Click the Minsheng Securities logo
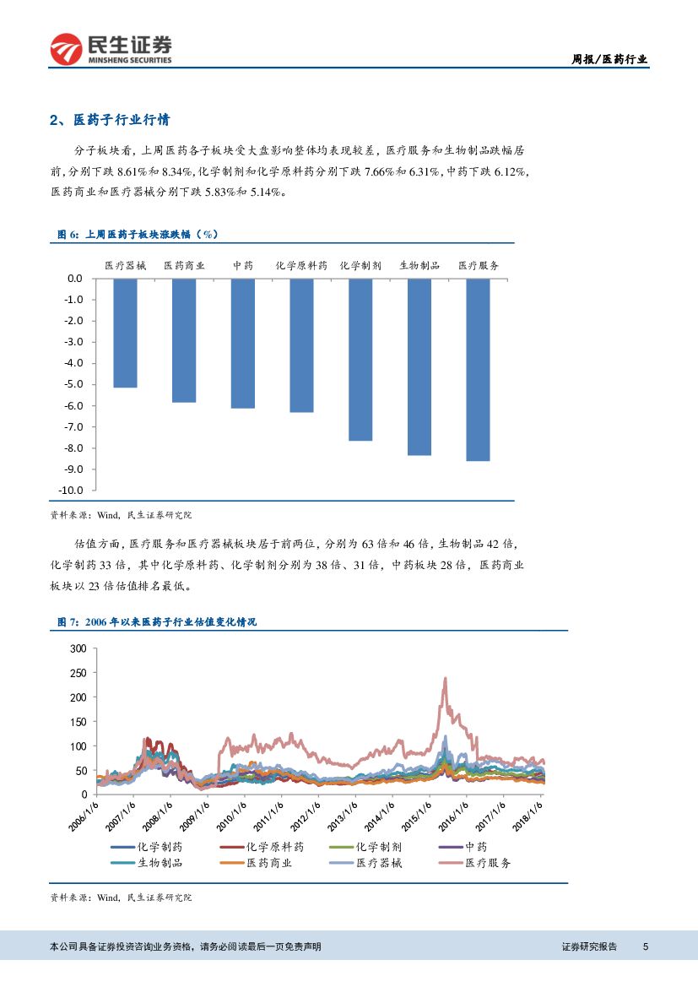pyautogui.click(x=111, y=49)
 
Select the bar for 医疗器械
pyautogui.click(x=125, y=333)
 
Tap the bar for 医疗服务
pyautogui.click(x=478, y=369)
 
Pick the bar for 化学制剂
pyautogui.click(x=360, y=359)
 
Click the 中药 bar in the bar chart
pyautogui.click(x=242, y=343)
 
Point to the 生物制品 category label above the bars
pyautogui.click(x=419, y=265)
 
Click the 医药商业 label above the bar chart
pyautogui.click(x=184, y=265)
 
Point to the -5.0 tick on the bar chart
pyautogui.click(x=73, y=384)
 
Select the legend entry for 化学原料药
pyautogui.click(x=273, y=847)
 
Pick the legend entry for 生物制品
pyautogui.click(x=160, y=863)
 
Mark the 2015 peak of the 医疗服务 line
pyautogui.click(x=445, y=678)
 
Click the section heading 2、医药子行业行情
pyautogui.click(x=114, y=120)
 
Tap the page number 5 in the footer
pyautogui.click(x=646, y=946)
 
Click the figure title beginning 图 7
pyautogui.click(x=156, y=621)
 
